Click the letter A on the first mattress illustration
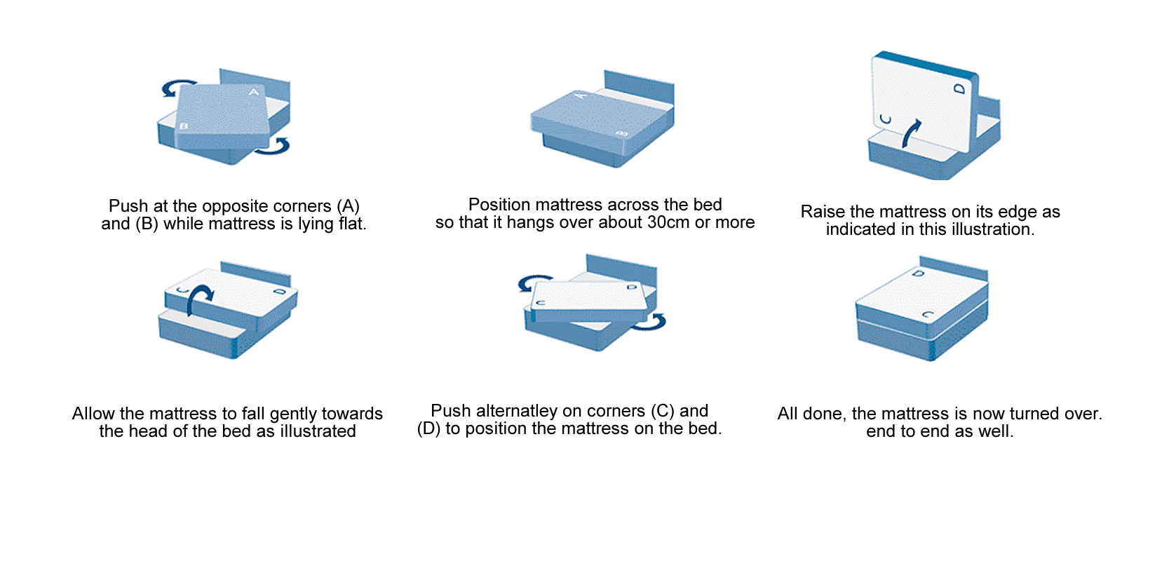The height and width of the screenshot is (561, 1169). [254, 92]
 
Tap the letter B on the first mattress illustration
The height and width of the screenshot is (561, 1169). [184, 126]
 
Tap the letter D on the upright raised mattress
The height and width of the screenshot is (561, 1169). [959, 89]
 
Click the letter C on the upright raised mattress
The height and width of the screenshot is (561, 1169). [886, 119]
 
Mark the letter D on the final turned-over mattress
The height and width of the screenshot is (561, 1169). [919, 273]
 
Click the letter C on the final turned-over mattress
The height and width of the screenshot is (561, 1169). [928, 315]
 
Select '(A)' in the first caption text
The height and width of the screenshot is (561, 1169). [348, 206]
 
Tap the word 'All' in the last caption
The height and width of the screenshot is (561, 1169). [788, 414]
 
